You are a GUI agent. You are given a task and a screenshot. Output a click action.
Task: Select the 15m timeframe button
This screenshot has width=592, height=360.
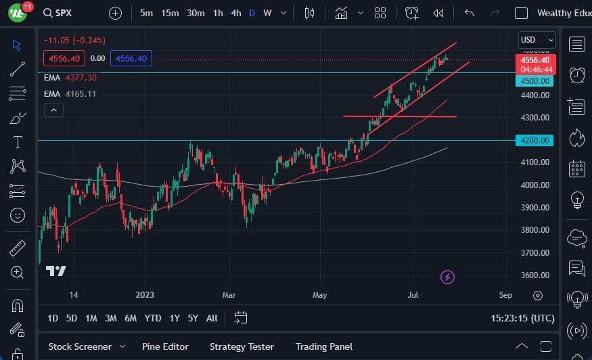tap(170, 13)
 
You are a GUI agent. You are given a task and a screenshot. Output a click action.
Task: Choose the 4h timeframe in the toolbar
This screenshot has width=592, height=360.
tap(235, 13)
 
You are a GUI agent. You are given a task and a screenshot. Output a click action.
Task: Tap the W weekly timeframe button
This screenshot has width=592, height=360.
tap(267, 13)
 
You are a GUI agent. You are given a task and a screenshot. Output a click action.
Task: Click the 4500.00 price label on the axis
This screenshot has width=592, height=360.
tap(536, 81)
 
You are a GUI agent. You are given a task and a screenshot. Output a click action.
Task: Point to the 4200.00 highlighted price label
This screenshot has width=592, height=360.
tap(536, 141)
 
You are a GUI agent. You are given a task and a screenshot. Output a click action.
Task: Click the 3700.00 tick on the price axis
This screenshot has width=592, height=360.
tap(534, 252)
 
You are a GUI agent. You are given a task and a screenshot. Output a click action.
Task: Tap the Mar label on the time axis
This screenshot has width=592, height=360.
tap(229, 295)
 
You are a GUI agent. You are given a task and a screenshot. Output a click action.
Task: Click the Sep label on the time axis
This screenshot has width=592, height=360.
tap(505, 295)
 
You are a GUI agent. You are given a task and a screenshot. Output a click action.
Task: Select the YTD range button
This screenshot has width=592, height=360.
tap(153, 318)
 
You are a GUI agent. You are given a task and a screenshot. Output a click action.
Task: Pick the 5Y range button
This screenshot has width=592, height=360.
tap(193, 318)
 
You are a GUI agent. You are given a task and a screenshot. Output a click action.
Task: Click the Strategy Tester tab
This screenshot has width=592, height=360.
tap(242, 346)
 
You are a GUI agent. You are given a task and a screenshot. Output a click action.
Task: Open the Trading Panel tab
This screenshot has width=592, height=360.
tap(323, 346)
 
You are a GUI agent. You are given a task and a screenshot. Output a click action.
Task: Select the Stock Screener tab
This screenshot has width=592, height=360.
tap(80, 346)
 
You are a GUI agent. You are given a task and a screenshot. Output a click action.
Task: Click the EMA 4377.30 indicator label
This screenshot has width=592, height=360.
tap(70, 78)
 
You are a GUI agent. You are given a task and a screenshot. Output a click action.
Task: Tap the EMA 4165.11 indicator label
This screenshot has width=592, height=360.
tap(70, 93)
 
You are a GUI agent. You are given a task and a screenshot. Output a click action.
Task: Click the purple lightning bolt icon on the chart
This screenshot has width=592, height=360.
tap(447, 277)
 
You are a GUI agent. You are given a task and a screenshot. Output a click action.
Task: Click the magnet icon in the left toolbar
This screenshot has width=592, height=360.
tap(18, 305)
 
